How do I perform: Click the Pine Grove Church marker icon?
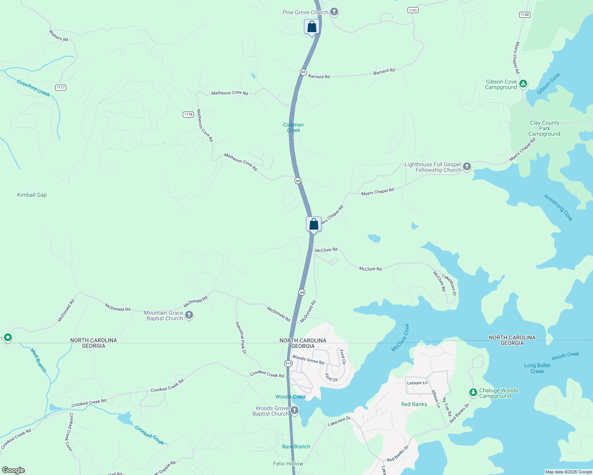334,12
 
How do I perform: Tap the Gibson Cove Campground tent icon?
523,84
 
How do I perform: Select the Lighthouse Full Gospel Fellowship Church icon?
467,167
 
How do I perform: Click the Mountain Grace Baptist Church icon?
189,315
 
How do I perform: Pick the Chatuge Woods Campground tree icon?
473,393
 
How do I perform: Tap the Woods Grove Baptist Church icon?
294,410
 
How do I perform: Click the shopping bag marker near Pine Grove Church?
312,27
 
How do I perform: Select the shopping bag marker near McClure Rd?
314,224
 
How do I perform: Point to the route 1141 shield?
413,10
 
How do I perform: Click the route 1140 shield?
524,15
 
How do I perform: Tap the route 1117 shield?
61,87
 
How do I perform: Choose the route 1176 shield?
188,114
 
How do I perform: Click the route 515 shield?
288,363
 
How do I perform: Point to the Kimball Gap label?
32,195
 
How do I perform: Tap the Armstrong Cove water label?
558,207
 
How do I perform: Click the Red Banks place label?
414,404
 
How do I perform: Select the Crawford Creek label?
34,88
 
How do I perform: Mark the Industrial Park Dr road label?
241,338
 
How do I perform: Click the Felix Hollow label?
288,464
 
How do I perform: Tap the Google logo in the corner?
13,470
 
